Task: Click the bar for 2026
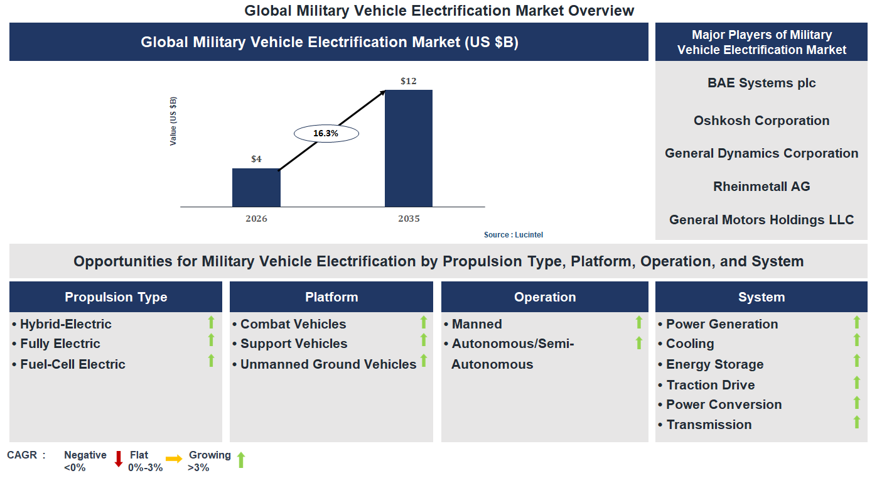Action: (256, 187)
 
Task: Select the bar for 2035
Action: (409, 148)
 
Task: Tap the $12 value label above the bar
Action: (409, 81)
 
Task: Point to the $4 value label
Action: (256, 159)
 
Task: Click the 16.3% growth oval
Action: (326, 133)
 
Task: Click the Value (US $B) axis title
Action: (173, 121)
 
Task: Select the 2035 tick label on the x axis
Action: (409, 219)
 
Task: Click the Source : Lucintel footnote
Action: (513, 234)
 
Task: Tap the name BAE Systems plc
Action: (761, 83)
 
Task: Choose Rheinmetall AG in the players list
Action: (761, 187)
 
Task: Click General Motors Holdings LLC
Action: (761, 220)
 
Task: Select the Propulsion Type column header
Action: (116, 297)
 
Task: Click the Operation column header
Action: (545, 297)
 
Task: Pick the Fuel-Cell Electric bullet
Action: (72, 364)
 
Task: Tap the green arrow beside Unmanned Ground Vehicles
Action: (424, 361)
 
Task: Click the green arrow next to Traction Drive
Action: (856, 382)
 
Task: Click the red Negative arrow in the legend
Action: (118, 459)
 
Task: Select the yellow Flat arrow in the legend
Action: (174, 459)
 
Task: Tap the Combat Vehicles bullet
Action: (293, 324)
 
